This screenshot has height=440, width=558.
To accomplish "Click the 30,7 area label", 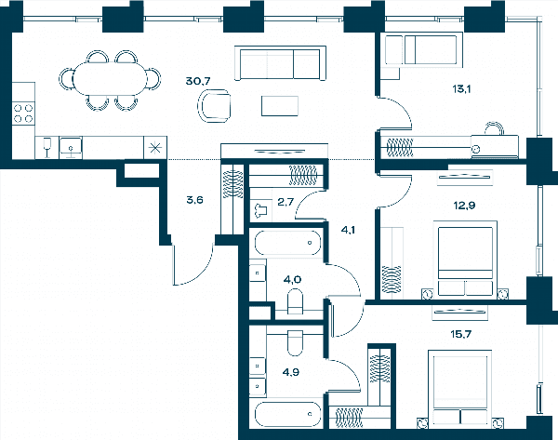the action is (198, 81).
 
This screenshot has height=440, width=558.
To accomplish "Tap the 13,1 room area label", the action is (461, 89).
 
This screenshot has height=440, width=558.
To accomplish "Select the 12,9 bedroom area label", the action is (464, 206).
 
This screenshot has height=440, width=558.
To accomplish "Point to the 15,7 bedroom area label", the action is (461, 334).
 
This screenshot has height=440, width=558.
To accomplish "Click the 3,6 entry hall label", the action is (194, 200).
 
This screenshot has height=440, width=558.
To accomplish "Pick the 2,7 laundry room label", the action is (286, 202).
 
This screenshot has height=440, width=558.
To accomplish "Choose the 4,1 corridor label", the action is (348, 230).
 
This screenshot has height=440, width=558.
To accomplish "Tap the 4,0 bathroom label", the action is (292, 280).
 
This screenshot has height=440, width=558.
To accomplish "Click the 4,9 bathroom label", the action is (291, 372).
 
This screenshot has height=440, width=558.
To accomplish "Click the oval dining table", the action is (110, 79).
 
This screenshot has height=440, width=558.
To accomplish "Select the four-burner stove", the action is (23, 113).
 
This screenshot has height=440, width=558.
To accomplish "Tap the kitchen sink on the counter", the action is (71, 147).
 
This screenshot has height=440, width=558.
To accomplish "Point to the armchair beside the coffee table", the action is (214, 106).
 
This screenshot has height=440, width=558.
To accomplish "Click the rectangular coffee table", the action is (280, 106).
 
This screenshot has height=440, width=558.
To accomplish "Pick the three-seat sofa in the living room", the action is (281, 63).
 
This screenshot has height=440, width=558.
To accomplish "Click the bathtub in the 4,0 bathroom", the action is (287, 243).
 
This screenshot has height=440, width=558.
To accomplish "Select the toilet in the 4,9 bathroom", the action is (295, 343).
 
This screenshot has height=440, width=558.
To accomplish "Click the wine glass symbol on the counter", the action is (47, 147).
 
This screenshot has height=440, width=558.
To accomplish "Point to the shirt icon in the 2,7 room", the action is (260, 209).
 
